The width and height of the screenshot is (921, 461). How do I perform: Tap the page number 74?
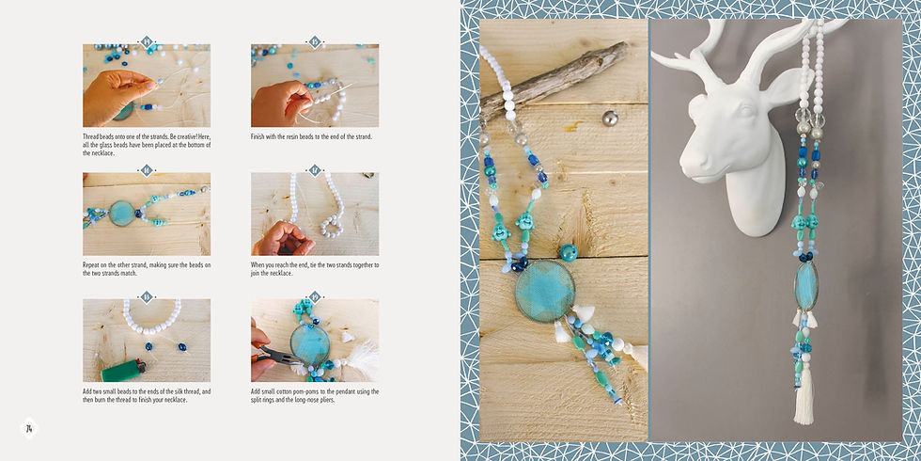click(29, 429)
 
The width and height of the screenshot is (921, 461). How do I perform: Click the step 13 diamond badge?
click(146, 41)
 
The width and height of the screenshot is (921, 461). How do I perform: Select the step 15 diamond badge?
click(315, 41)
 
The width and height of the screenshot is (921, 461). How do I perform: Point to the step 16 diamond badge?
click(146, 170)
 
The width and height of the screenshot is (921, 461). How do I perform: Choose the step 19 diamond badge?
click(315, 297)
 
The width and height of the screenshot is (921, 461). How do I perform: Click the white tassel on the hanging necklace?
click(804, 396)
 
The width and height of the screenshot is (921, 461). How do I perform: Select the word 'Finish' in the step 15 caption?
click(261, 137)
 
